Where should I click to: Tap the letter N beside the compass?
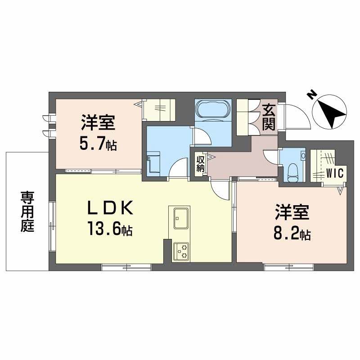point(311,94)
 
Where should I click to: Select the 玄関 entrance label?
point(269,117)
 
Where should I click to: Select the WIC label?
point(335,172)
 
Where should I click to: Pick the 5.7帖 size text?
point(98,144)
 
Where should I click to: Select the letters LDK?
point(110,208)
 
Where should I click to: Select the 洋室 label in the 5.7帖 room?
point(98,122)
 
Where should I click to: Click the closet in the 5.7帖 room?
point(158,109)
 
